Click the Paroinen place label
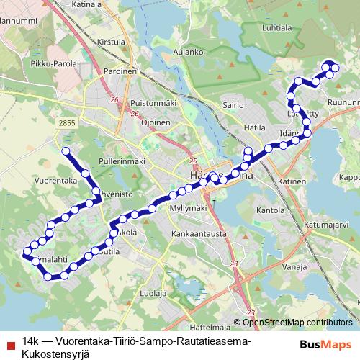(x=120, y=72)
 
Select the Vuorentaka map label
(x=55, y=182)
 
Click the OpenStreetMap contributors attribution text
(x=297, y=323)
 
